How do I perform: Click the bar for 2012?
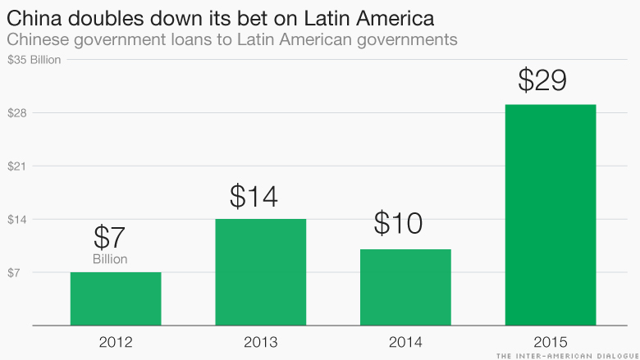click(x=116, y=298)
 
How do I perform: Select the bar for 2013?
click(x=261, y=272)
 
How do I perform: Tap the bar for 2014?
click(x=405, y=287)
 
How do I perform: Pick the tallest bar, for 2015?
click(x=550, y=215)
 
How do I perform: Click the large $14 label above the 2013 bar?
click(x=254, y=196)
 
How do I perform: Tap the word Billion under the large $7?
click(x=110, y=259)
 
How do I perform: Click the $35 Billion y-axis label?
click(x=34, y=60)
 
